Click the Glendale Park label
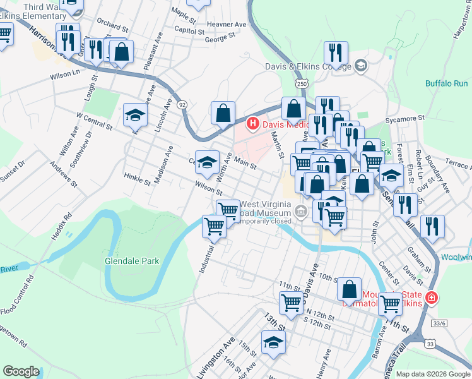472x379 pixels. pos(132,261)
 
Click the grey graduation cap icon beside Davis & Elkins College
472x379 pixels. pos(361,65)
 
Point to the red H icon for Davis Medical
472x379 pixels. pos(253,123)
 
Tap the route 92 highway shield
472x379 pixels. pos(182,104)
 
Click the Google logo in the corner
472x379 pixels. pos(21,371)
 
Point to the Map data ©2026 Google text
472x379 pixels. pos(433,374)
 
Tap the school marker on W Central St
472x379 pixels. pos(135,115)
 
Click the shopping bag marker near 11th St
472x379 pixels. pos(349,289)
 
